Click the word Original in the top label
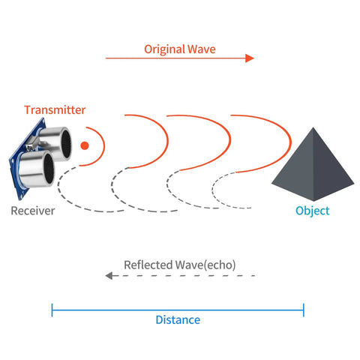click(x=165, y=49)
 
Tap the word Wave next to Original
click(x=202, y=49)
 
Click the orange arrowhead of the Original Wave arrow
click(x=250, y=58)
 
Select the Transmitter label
click(x=55, y=110)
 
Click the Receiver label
click(x=33, y=211)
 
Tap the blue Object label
click(x=313, y=211)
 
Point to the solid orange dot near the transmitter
click(x=85, y=145)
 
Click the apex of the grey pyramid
click(x=313, y=127)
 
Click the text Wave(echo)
click(x=205, y=265)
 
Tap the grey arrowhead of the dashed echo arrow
click(x=109, y=276)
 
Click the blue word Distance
click(x=178, y=320)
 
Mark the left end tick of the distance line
click(x=52, y=310)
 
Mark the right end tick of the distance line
click(x=304, y=310)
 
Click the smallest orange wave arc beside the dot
click(x=104, y=146)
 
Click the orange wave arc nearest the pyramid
click(x=290, y=142)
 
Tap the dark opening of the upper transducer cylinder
click(x=66, y=144)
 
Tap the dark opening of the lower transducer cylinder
click(x=49, y=168)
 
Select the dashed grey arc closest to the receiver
click(x=58, y=186)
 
